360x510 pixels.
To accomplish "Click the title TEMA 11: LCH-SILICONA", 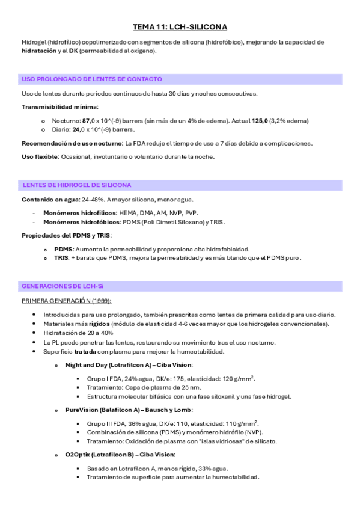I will pos(180,27).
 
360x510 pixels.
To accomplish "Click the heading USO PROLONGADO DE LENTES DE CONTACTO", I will pos(91,79).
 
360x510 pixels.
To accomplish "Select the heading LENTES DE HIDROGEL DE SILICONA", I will pos(76,185).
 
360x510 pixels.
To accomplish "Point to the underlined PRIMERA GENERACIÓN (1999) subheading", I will pos(66,300).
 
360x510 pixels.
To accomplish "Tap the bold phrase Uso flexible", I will pos(40,156).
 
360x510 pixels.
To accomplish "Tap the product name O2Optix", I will pos(79,455).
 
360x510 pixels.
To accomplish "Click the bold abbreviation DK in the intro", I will pos(73,51).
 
